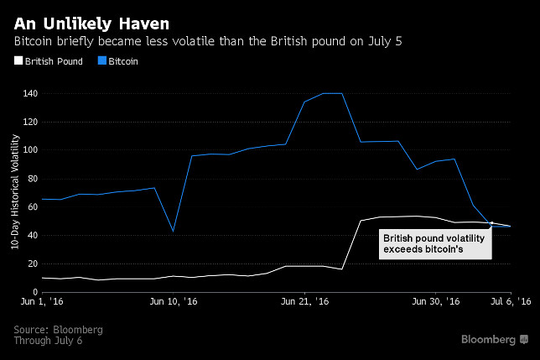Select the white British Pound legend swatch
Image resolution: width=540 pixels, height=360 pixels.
(x=18, y=61)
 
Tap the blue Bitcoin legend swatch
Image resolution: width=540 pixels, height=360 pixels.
(x=102, y=61)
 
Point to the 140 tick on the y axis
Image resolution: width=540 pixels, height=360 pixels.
(x=30, y=93)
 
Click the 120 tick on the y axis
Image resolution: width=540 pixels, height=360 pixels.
(x=30, y=122)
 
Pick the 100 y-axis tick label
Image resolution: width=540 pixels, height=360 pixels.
(x=30, y=150)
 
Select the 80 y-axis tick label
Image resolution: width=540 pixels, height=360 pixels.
(x=32, y=179)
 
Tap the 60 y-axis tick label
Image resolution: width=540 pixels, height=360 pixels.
(x=32, y=207)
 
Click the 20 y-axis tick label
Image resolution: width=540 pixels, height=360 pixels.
(x=32, y=263)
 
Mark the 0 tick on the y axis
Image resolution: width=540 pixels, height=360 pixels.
(x=34, y=292)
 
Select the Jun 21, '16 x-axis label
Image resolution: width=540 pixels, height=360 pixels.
(x=304, y=301)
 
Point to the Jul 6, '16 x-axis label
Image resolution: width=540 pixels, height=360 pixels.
(x=510, y=301)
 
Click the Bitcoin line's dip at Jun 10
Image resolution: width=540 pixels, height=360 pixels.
(x=172, y=231)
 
